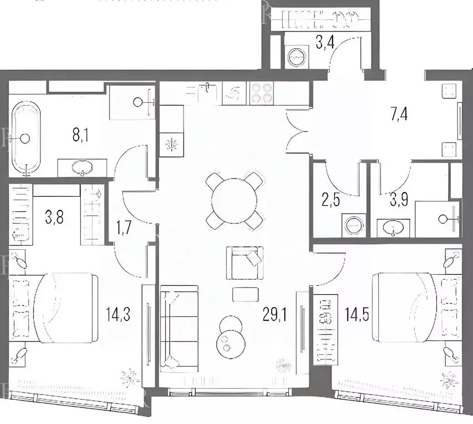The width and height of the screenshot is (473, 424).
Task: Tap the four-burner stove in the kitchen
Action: (261, 93)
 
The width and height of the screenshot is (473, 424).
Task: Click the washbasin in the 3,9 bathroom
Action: (393, 228)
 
